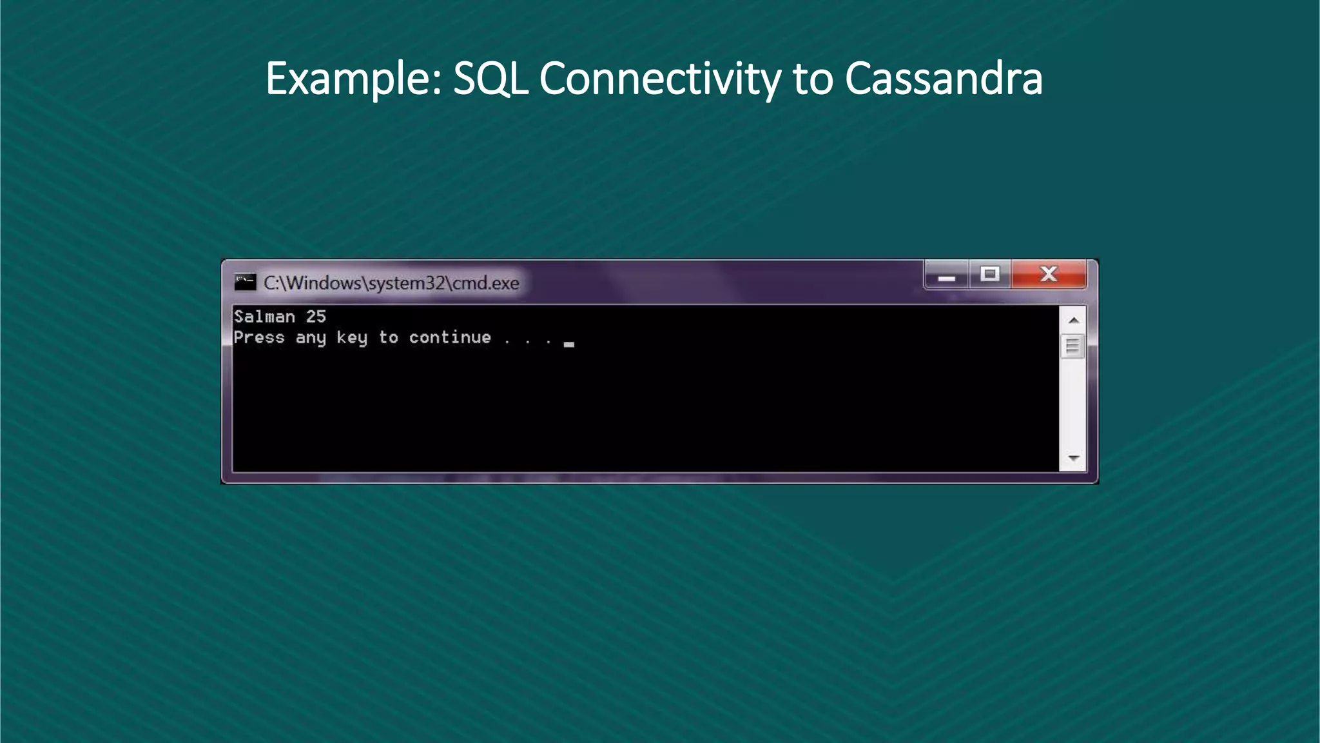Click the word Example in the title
pos(353,79)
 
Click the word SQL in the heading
pos(490,79)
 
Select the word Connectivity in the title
pos(659,79)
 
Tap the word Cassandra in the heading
pos(943,79)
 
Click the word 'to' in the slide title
pos(812,79)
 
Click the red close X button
pos(1049,275)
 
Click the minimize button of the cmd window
pos(946,276)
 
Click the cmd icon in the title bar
pos(245,282)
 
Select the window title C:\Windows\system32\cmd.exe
pos(391,283)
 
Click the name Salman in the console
pos(264,317)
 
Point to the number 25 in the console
pos(316,317)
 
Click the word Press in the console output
pos(259,337)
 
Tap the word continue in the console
pos(450,337)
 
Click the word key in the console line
pos(352,337)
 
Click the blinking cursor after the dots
pos(568,344)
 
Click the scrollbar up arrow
pos(1073,321)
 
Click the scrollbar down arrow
pos(1073,458)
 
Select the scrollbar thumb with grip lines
pos(1072,346)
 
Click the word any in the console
pos(311,337)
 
